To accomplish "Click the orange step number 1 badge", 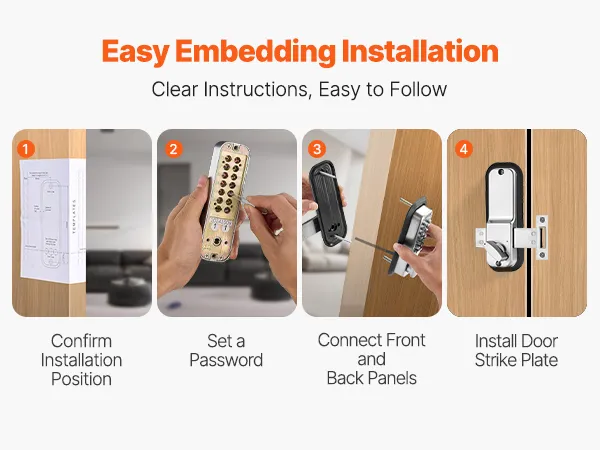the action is (26, 149).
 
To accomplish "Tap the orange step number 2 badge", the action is (173, 149).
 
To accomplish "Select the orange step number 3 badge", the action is (317, 149).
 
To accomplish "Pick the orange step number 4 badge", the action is (463, 149).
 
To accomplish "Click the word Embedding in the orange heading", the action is (255, 52).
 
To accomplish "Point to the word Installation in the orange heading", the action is (420, 51).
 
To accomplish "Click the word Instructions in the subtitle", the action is (256, 89).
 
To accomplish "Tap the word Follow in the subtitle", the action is (418, 89).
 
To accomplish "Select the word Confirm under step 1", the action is (82, 341).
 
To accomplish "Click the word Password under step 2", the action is (226, 360).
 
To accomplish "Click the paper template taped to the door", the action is (52, 220).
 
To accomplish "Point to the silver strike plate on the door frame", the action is (542, 237).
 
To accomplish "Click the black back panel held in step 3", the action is (327, 206).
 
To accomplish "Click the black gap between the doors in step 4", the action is (529, 223).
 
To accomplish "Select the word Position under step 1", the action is (82, 379).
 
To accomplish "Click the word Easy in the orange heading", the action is (135, 52).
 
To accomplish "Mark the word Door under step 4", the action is (537, 341).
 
